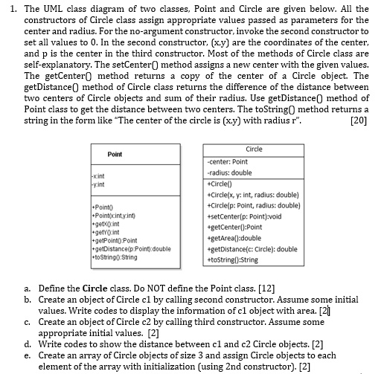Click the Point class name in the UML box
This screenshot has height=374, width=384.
(115, 154)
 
